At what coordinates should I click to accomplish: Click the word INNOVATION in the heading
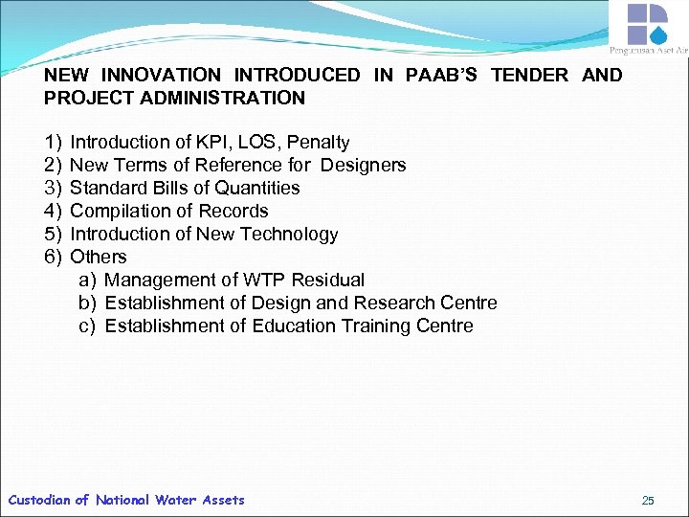(x=162, y=75)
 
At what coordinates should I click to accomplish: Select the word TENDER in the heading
(x=529, y=75)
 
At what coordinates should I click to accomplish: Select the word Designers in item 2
(x=364, y=165)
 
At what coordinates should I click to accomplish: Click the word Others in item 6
(x=99, y=257)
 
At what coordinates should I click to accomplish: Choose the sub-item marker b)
(x=88, y=303)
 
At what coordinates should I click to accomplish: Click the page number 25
(x=648, y=500)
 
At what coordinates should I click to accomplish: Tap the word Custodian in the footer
(x=39, y=500)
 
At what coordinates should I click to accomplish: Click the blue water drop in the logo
(x=658, y=34)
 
